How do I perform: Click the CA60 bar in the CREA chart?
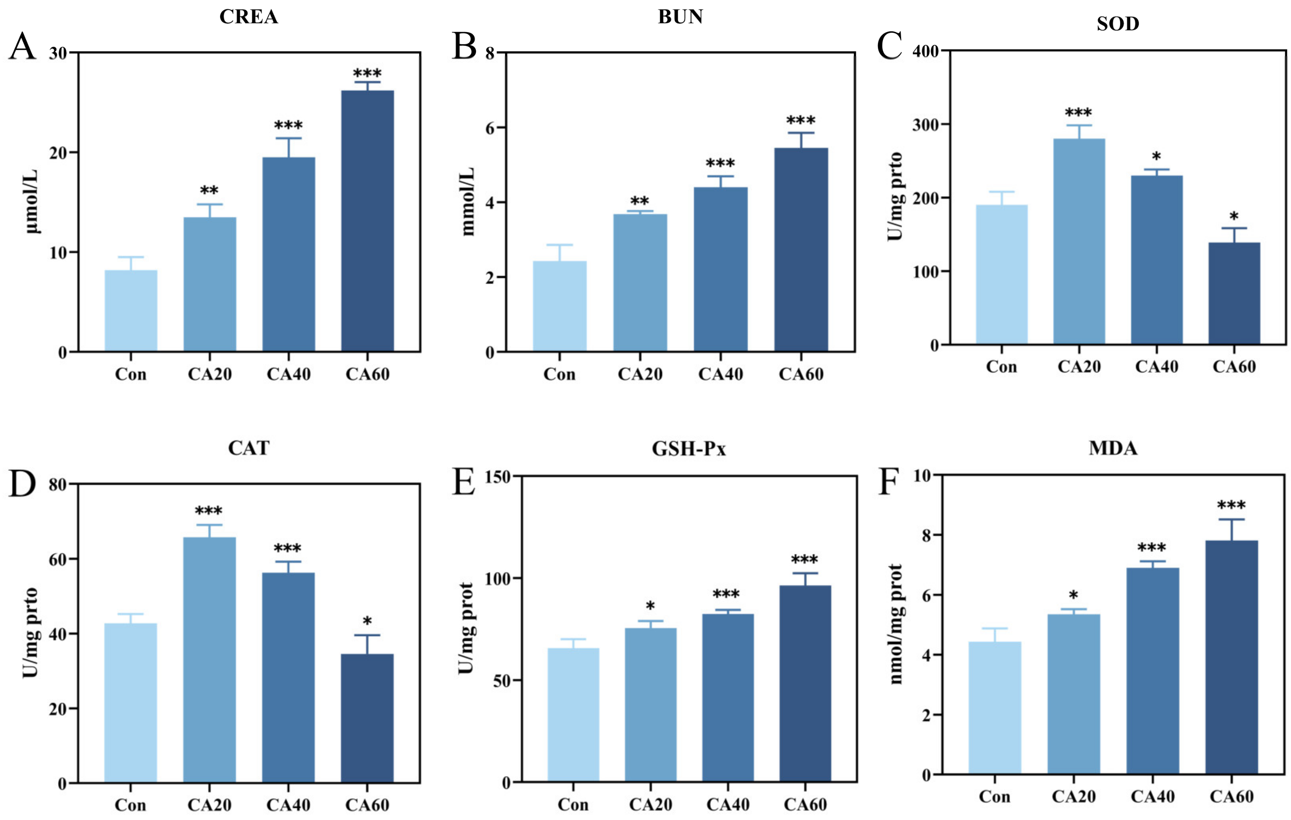point(367,221)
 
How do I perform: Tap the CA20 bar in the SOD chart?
point(1079,241)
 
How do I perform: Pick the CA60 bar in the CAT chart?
point(367,718)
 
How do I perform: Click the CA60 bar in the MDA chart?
point(1231,657)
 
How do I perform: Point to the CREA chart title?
point(249,17)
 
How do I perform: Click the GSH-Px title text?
point(689,448)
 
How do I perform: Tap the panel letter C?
point(889,46)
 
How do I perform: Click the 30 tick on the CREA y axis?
point(58,53)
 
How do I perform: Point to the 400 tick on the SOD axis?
point(925,51)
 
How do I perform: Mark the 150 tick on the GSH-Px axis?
point(497,477)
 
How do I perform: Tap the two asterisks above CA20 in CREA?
point(209,191)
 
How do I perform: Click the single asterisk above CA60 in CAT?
point(367,622)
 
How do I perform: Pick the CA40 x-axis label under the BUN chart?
point(720,374)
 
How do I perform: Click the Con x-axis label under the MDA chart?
point(995,797)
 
